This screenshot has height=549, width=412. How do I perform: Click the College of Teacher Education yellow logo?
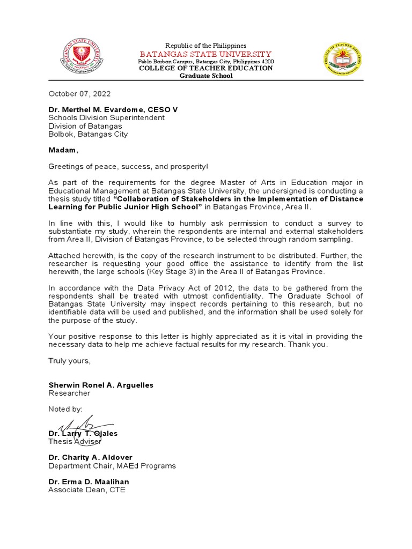click(341, 60)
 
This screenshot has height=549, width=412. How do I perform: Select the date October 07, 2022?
click(79, 93)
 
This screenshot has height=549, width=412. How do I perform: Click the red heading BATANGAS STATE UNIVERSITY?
click(205, 54)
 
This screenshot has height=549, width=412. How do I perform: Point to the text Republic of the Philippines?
click(205, 46)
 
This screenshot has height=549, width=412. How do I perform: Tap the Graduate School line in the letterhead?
click(206, 76)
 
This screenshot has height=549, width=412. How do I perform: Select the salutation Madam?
click(63, 151)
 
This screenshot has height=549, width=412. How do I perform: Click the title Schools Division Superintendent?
click(106, 118)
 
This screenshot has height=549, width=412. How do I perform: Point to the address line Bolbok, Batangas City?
click(88, 135)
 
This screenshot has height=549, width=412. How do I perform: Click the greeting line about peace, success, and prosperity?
click(128, 167)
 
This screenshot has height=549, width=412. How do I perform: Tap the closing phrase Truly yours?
click(70, 360)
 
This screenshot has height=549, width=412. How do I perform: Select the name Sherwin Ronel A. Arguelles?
click(101, 385)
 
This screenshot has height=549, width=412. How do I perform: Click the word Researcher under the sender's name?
click(69, 393)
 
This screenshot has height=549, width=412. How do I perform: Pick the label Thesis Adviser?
click(75, 441)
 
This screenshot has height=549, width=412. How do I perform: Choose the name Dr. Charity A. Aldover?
click(90, 458)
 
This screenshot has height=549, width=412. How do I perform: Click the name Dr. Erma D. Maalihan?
click(89, 482)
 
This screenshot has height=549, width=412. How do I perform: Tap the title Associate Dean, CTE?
click(87, 490)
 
